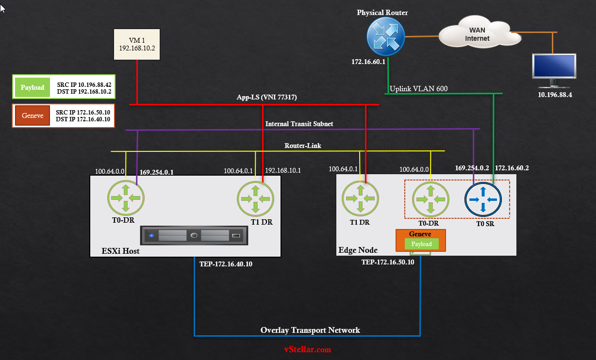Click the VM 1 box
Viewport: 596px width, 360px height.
click(x=136, y=44)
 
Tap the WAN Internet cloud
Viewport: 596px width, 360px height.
click(x=476, y=34)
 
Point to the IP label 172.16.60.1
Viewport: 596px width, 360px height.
click(x=369, y=62)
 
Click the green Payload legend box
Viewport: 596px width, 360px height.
click(x=33, y=88)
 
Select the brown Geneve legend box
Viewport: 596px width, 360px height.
click(x=33, y=115)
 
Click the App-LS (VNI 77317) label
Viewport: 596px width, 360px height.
click(x=266, y=97)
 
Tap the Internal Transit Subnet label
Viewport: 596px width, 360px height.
click(x=299, y=124)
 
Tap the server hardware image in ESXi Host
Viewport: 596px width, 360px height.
click(x=194, y=236)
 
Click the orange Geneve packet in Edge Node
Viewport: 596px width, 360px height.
click(x=420, y=240)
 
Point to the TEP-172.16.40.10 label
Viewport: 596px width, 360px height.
click(x=226, y=264)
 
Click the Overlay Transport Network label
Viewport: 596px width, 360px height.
click(x=310, y=330)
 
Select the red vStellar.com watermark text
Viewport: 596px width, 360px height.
click(x=308, y=349)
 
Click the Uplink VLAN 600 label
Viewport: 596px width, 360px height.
click(x=418, y=88)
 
